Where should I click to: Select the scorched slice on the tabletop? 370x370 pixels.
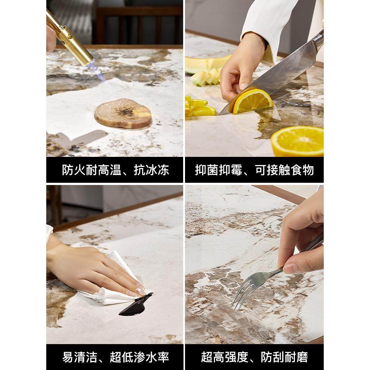point(123,114)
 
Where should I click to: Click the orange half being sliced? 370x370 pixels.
point(252,101)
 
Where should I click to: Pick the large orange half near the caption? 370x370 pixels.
point(298,141)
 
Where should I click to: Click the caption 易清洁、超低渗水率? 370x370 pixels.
point(115,357)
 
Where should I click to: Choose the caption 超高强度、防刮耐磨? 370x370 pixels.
point(254,357)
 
